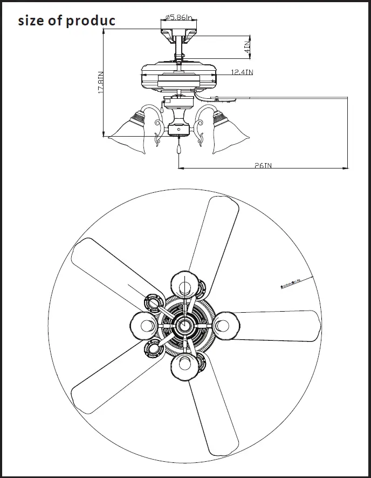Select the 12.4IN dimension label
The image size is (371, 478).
242,72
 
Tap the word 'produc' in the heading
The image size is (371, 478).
90,21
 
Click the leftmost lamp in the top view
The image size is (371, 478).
143,326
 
